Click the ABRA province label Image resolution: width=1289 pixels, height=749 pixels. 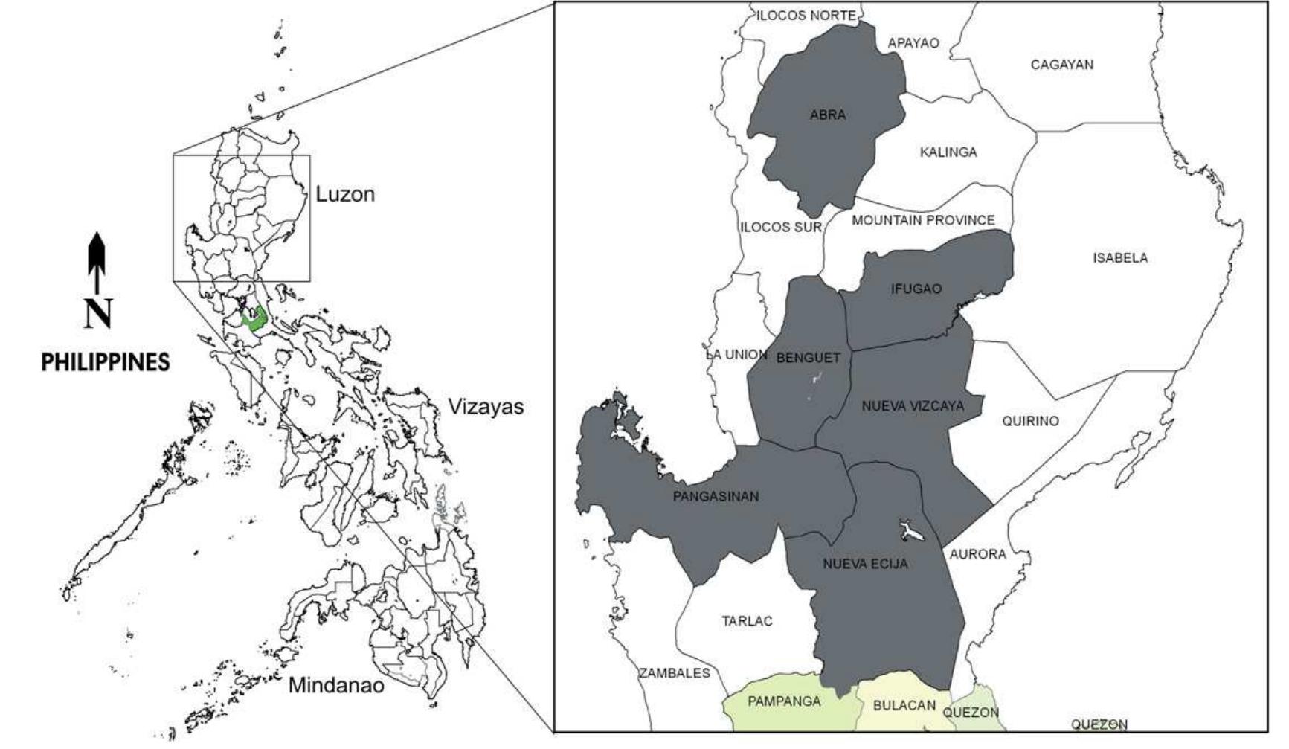point(828,115)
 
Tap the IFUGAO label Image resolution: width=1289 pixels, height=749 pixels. point(916,289)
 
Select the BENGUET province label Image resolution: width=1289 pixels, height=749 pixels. point(808,358)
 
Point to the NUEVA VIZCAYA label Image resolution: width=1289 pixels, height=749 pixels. point(912,406)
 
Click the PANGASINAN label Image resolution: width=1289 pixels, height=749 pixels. point(716,496)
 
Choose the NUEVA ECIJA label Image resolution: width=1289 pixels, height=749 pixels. point(865,564)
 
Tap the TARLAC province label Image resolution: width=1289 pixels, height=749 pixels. point(747,621)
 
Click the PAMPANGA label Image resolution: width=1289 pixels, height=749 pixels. point(784,701)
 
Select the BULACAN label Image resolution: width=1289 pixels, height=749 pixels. point(904,705)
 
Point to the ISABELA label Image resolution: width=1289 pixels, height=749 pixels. point(1119,258)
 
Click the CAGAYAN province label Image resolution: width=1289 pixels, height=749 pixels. point(1061,65)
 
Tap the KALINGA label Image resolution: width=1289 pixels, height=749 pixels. point(948,152)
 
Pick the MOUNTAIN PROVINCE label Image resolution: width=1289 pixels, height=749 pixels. point(922,220)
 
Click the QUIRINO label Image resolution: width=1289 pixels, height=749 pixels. point(1029,421)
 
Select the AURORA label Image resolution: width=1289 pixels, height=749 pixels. point(977,554)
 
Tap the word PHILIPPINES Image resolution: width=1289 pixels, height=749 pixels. point(105,362)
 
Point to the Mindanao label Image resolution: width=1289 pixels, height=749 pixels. point(335,685)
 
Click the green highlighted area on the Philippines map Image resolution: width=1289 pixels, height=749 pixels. point(257,319)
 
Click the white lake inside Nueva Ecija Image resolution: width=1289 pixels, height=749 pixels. point(911,531)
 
